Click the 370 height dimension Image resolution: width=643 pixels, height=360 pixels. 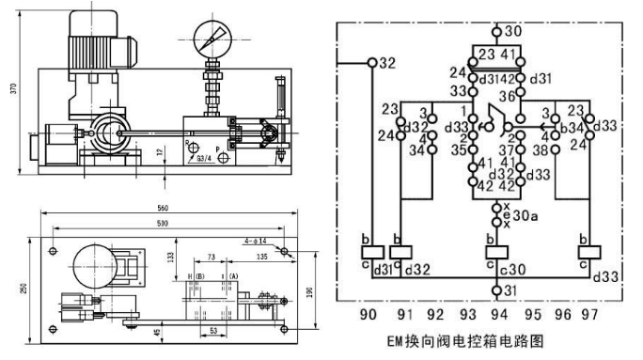(12, 88)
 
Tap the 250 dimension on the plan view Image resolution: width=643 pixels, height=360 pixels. (12, 288)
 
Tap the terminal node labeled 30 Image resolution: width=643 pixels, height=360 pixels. (497, 30)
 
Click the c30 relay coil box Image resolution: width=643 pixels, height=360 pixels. (496, 252)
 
